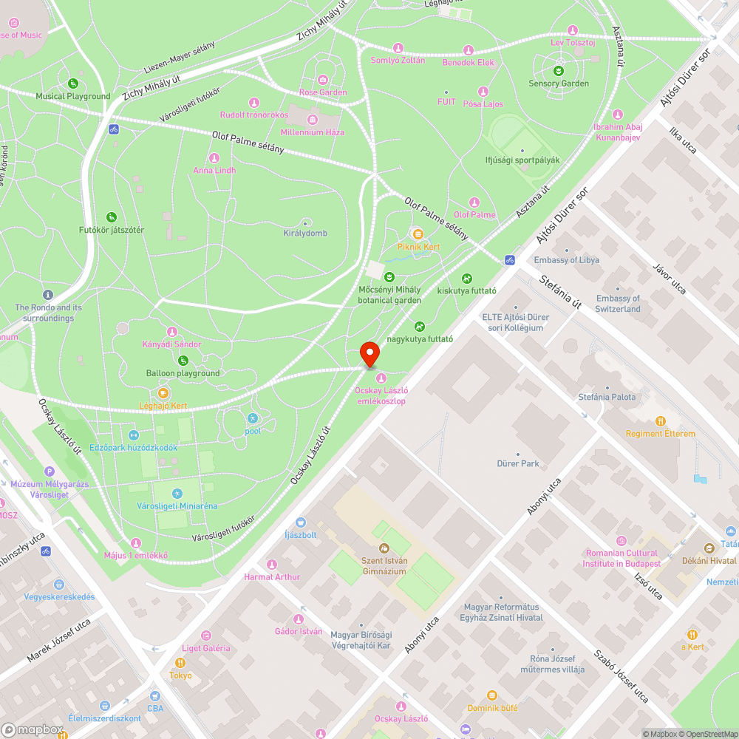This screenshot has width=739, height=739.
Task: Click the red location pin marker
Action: [369, 353]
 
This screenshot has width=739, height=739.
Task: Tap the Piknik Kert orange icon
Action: [418, 234]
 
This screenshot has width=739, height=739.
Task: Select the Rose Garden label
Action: [323, 92]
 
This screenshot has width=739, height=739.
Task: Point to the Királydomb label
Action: [305, 234]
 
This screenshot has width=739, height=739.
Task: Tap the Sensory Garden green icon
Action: [559, 71]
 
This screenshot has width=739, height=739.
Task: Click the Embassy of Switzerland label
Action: [618, 304]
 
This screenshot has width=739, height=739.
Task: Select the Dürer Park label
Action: [518, 463]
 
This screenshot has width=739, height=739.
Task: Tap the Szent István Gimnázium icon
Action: [384, 548]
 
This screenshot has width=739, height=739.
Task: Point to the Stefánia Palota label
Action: [607, 397]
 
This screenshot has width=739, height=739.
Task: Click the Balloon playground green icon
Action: [183, 361]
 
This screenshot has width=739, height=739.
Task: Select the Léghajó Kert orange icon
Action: [163, 393]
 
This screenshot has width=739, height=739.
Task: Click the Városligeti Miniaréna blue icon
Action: [177, 493]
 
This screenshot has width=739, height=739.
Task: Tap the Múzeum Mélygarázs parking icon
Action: [50, 471]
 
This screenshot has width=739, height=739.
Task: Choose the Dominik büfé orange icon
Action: [492, 695]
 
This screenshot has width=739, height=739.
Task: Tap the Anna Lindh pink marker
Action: [214, 158]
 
